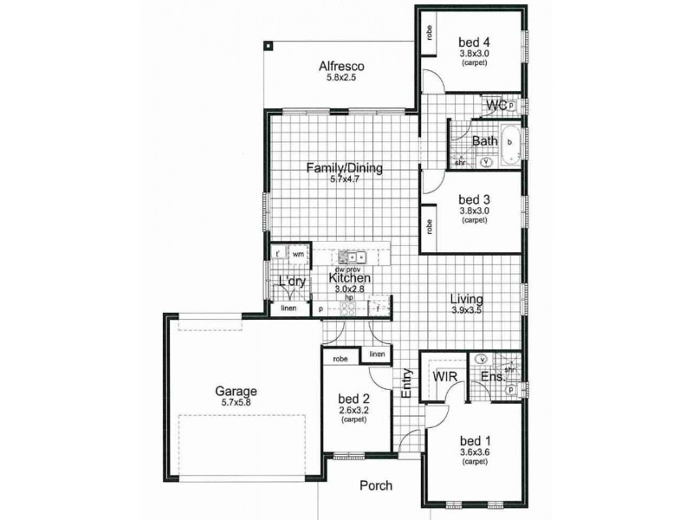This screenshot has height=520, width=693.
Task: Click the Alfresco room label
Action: pos(340,66)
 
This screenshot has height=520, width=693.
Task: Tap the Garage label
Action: pos(236,391)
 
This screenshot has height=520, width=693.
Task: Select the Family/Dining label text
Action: pos(344,169)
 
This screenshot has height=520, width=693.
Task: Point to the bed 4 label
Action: pos(474,42)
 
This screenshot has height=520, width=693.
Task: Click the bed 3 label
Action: pos(474,198)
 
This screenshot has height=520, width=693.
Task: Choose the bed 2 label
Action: pos(353,399)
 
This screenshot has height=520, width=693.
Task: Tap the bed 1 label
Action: pos(474,439)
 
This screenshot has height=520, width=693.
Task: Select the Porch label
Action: pos(375,486)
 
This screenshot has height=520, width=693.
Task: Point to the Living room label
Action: pos(467,299)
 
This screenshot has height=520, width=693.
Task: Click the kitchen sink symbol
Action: pos(352,257)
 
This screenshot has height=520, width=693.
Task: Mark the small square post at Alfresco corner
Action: pos(269,45)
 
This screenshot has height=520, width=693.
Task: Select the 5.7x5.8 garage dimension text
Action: pos(236,403)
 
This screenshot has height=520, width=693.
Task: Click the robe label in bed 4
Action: pos(429,33)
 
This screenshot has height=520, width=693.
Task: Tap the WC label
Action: pos(495,106)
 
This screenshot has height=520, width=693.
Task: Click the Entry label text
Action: pos(405,384)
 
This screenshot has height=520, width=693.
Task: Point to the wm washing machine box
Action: pos(298,254)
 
